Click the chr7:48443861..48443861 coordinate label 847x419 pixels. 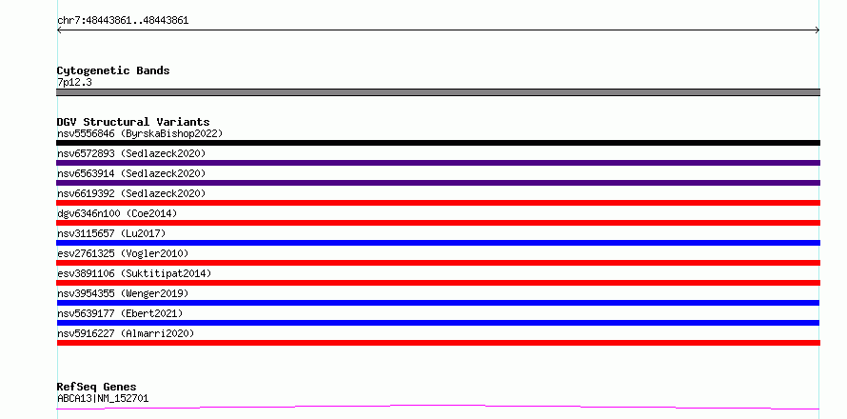pos(123,21)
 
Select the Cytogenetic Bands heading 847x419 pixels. pos(113,70)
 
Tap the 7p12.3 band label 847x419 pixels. pos(74,83)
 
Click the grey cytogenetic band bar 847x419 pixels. pos(438,92)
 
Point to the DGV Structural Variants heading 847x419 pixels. pos(133,122)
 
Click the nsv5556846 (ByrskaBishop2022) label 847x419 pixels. pos(140,133)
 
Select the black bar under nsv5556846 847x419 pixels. pos(438,143)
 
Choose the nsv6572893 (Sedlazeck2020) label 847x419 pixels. pos(131,153)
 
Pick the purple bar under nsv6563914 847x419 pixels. pos(438,183)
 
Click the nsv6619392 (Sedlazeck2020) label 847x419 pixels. pos(131,193)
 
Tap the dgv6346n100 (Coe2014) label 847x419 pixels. pos(117,213)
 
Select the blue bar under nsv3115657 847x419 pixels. pos(438,243)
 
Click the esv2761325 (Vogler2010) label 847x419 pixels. pos(123,253)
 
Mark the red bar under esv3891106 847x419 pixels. pos(438,283)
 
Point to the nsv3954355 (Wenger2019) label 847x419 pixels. pos(123,293)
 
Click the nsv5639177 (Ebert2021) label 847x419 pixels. pos(120,313)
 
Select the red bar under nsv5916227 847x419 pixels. pos(438,343)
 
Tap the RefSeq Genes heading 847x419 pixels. pos(96,387)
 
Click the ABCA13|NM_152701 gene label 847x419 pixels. pos(103,399)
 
